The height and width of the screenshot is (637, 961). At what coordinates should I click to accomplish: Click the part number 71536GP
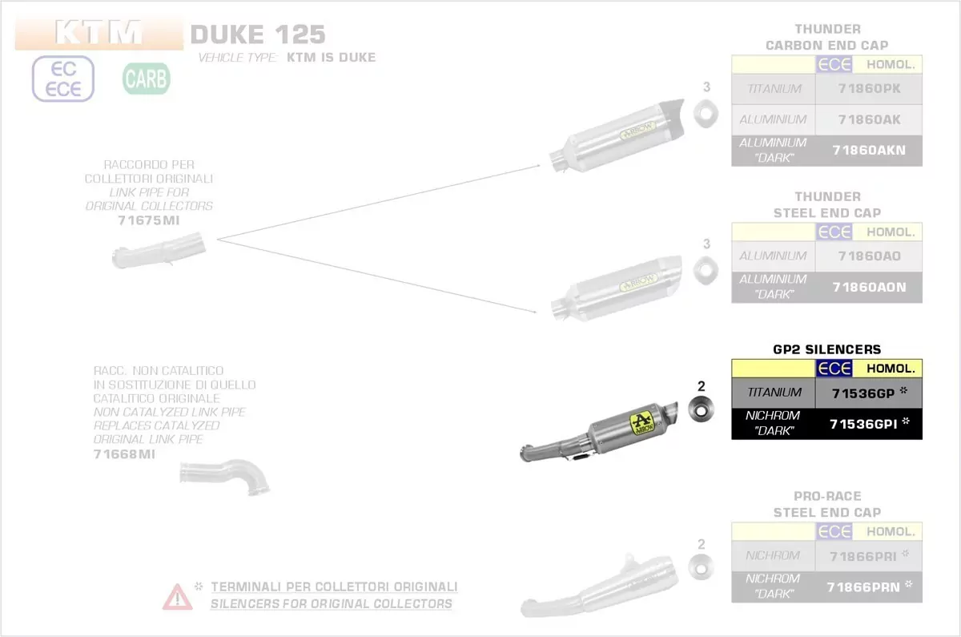[x=862, y=393]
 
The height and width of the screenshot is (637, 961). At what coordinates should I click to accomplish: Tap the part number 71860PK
[x=869, y=89]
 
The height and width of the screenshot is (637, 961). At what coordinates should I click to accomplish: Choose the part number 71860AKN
[x=869, y=150]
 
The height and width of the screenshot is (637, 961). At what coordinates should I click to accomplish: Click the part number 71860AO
[x=869, y=256]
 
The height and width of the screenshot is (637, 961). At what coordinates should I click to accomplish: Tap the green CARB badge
[x=146, y=79]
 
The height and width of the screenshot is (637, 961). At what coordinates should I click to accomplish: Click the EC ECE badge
[x=63, y=79]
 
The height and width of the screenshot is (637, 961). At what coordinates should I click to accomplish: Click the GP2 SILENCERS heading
[x=826, y=349]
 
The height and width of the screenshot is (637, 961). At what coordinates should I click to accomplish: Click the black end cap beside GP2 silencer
[x=701, y=413]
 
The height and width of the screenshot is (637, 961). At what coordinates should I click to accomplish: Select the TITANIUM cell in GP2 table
[x=774, y=393]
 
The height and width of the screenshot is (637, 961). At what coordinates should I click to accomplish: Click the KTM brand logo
[x=99, y=34]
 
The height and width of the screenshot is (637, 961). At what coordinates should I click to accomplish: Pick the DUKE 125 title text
[x=258, y=34]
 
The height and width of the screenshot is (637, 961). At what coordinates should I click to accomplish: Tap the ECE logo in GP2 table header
[x=834, y=369]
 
